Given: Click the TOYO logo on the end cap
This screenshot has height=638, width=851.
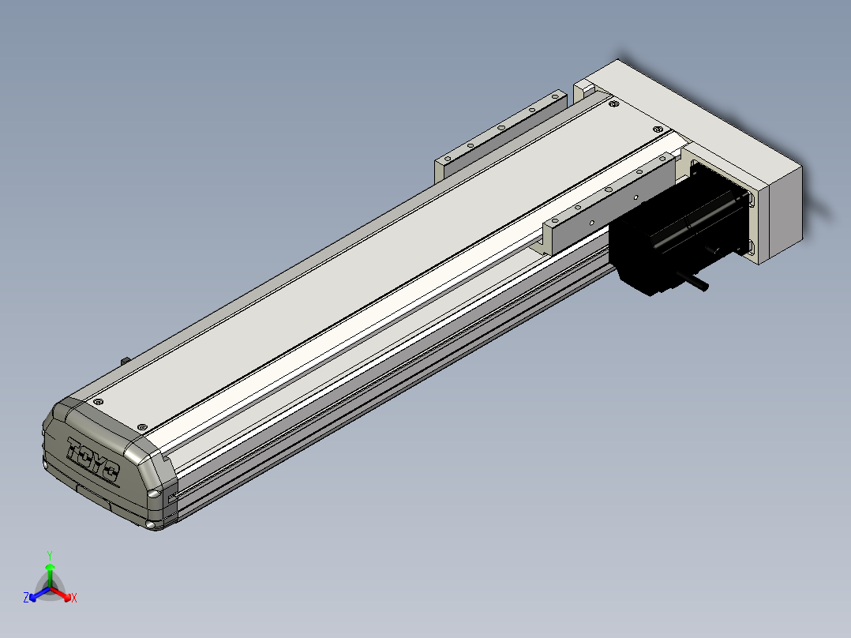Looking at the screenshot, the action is tap(92, 459).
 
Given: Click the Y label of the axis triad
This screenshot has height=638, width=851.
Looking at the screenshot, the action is tap(50, 555).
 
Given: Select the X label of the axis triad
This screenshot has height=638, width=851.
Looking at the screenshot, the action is tap(74, 598).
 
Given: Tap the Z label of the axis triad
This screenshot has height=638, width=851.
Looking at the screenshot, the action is tap(26, 598).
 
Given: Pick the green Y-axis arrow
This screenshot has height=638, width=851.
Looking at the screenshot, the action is tap(50, 576).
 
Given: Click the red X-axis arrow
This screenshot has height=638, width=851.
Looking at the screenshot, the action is tap(61, 594).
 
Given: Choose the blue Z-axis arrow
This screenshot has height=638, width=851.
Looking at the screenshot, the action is tap(39, 594).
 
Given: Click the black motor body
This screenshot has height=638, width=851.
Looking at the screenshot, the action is tap(678, 231).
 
